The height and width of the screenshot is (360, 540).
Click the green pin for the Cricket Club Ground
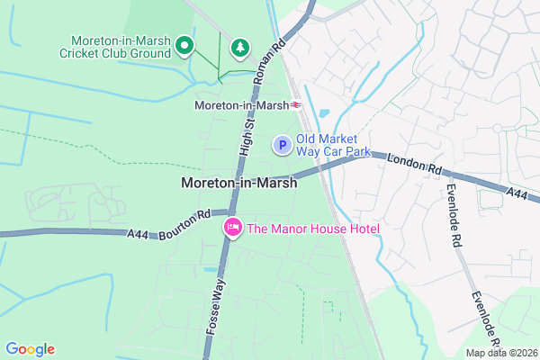(x=185, y=44)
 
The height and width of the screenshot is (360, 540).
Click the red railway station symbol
(x=296, y=105)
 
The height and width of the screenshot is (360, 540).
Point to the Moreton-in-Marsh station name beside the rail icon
(x=240, y=105)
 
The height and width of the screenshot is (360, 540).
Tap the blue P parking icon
(x=282, y=144)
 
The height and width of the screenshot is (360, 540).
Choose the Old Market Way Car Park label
(x=333, y=145)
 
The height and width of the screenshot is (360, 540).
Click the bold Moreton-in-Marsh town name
(x=239, y=183)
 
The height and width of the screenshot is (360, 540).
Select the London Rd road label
(x=415, y=164)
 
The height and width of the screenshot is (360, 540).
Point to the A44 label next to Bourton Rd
(x=138, y=234)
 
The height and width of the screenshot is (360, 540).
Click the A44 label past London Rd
(x=517, y=193)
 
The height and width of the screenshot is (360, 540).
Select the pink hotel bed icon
(x=232, y=229)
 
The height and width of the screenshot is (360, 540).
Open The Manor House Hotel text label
(x=313, y=229)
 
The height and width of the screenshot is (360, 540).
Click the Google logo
(x=30, y=349)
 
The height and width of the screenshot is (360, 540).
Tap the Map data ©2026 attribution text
(x=499, y=352)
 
